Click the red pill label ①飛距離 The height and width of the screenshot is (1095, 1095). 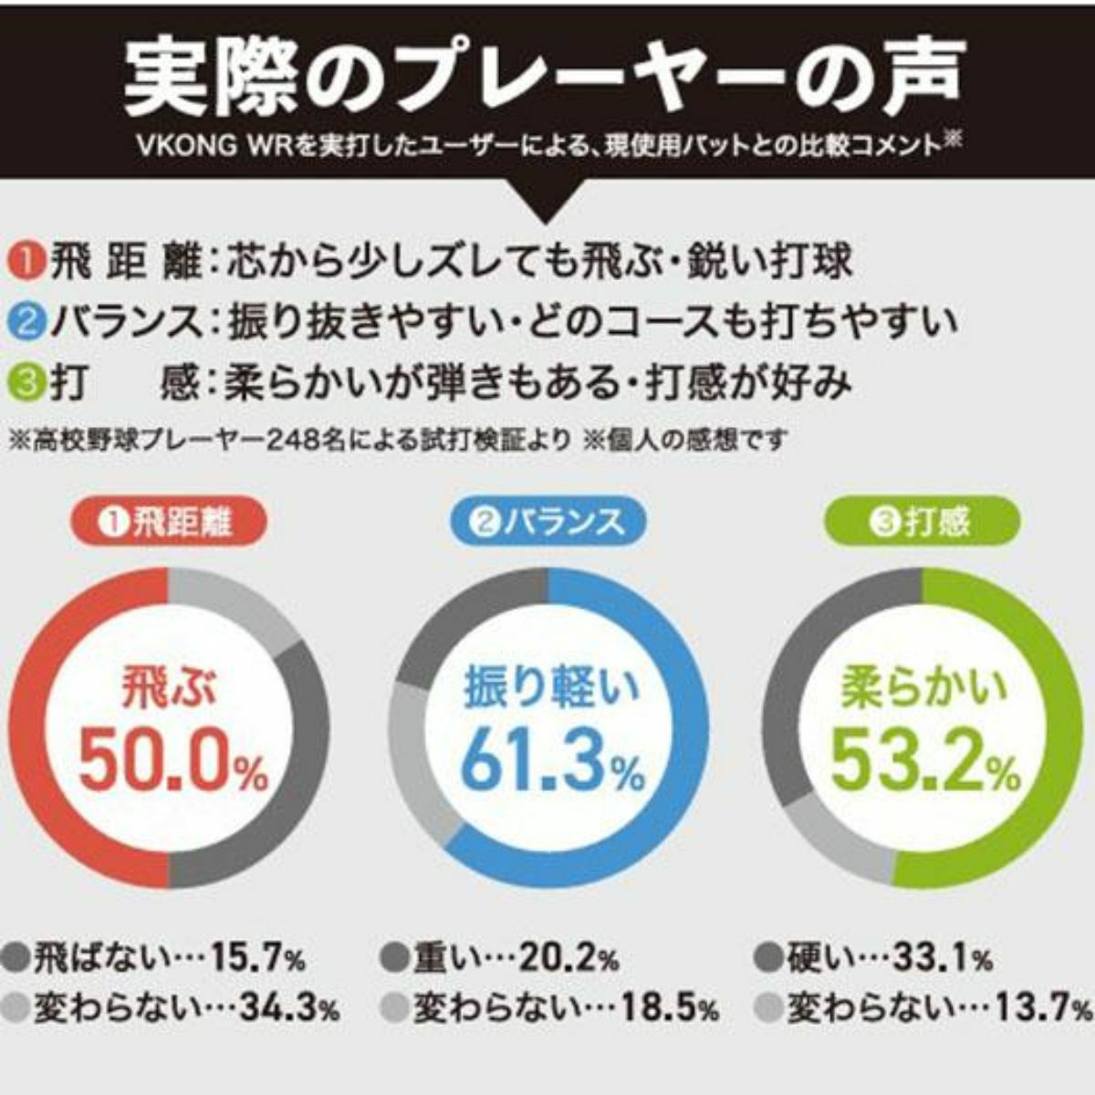(170, 523)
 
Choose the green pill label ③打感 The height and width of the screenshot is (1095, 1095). (922, 523)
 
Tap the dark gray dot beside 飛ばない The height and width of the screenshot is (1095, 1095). (16, 958)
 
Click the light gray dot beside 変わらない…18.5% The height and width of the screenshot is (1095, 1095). (394, 1008)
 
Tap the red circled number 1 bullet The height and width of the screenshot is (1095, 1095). (27, 263)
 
